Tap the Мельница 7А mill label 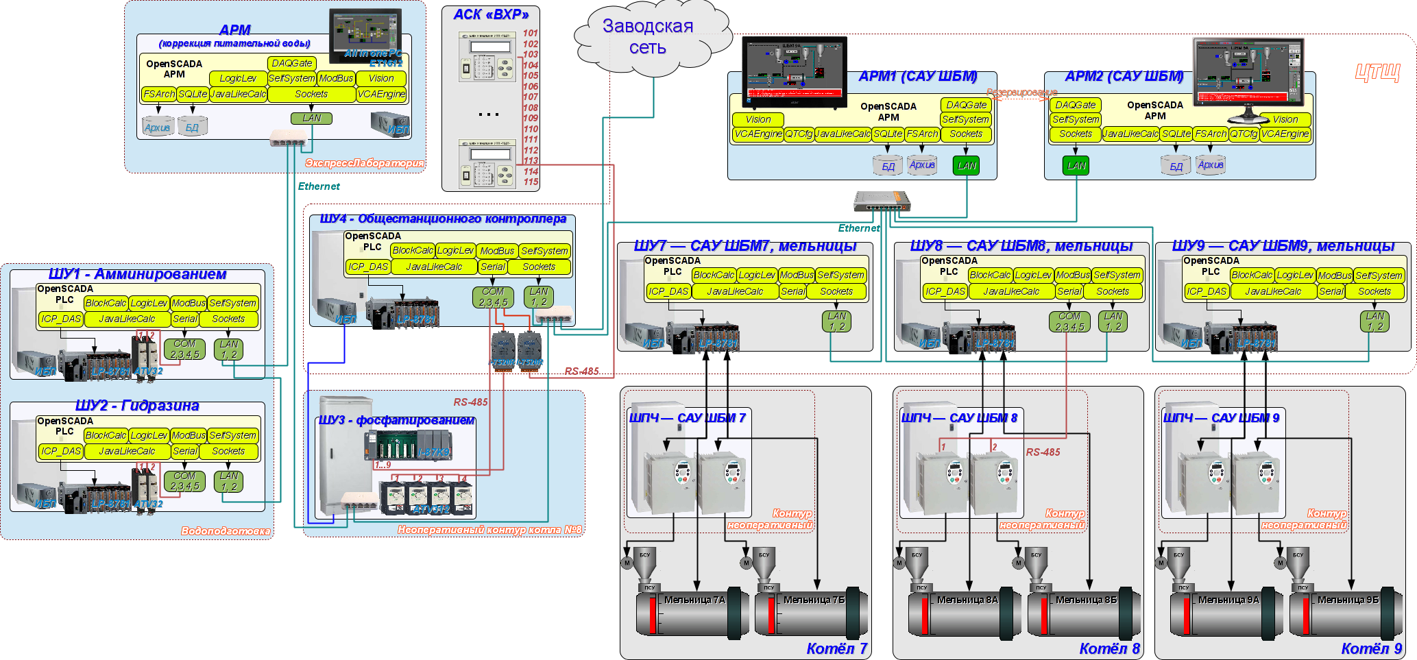[694, 600]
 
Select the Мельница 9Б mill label [1347, 600]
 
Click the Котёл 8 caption [1109, 648]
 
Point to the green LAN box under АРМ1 [966, 165]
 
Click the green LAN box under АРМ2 [1076, 165]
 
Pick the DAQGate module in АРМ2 [1075, 105]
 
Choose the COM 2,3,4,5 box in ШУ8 [1069, 321]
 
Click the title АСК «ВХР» [491, 14]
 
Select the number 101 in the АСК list [531, 33]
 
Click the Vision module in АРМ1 [758, 119]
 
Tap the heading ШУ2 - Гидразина [137, 406]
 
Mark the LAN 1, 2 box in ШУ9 [1374, 321]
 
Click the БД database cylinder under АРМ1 [888, 166]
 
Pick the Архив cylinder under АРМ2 [1211, 165]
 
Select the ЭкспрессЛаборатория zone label [364, 163]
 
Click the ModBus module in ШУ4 [496, 251]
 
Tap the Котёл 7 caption [836, 648]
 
